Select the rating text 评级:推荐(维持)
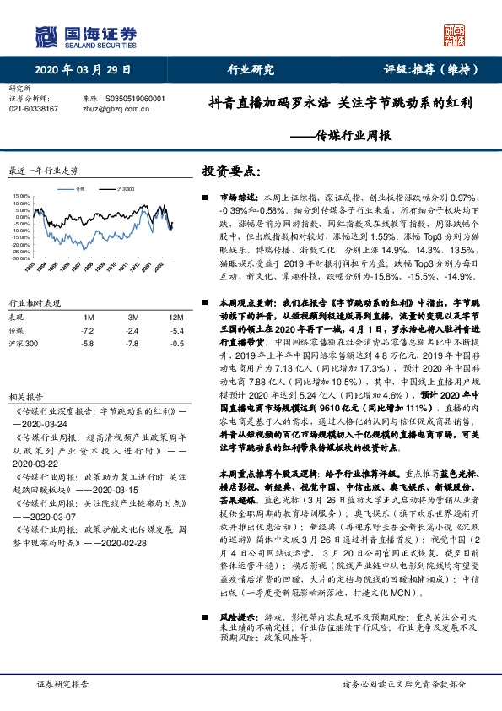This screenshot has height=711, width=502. pyautogui.click(x=430, y=69)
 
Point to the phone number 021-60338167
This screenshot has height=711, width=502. pyautogui.click(x=33, y=109)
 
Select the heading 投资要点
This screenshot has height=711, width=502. pyautogui.click(x=225, y=171)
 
